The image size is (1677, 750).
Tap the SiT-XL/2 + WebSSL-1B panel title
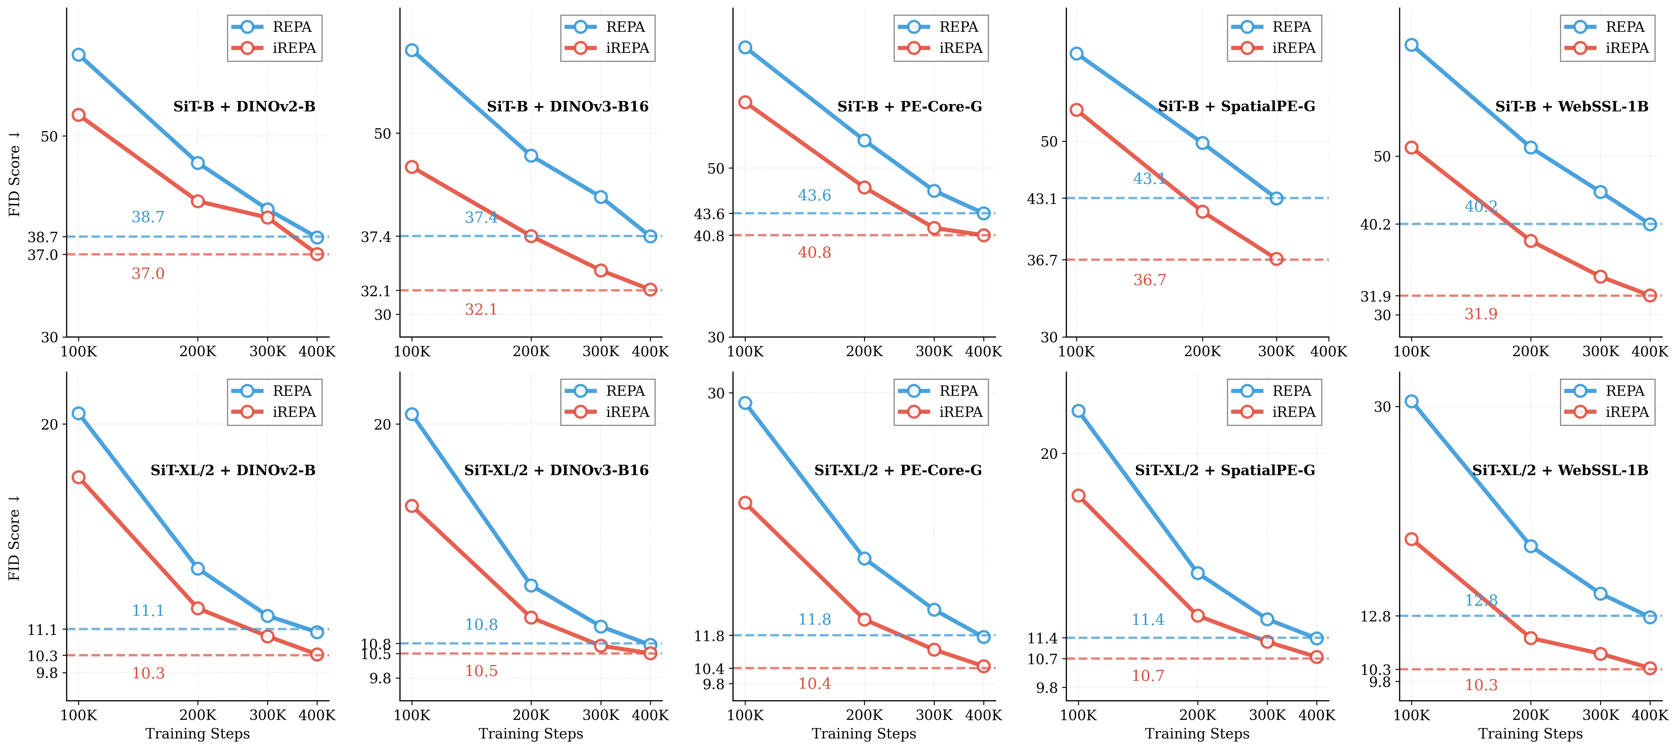point(1560,470)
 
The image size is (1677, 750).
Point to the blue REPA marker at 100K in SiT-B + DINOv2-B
point(79,55)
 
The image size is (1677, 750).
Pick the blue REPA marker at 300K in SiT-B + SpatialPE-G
point(1276,198)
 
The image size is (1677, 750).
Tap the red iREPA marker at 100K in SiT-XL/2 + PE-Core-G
point(745,503)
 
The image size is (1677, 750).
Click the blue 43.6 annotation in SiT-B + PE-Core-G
point(814,195)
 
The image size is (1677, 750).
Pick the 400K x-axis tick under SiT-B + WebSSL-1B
point(1649,352)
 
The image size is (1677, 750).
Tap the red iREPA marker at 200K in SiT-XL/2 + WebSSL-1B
point(1530,638)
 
